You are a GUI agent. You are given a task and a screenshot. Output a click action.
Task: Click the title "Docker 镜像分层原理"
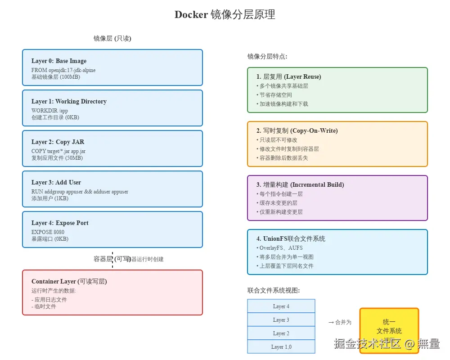point(225,14)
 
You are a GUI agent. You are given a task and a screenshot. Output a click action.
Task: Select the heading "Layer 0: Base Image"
point(59,61)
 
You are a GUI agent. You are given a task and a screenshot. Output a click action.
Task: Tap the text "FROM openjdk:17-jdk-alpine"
point(63,70)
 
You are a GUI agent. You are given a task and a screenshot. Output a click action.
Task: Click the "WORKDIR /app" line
point(49,111)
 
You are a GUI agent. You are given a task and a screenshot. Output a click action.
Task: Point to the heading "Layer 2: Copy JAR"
point(58,142)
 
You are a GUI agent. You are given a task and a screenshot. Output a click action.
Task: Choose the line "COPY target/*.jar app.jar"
point(58,151)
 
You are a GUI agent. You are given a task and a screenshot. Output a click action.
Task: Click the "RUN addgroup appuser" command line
point(80,192)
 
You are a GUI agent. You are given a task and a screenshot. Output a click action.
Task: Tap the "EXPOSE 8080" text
point(48,232)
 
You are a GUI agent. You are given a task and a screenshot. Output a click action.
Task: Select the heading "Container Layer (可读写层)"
point(69,281)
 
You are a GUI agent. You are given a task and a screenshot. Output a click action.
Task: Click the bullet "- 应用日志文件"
point(49,299)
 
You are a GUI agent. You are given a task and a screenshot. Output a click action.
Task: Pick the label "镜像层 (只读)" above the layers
point(112,39)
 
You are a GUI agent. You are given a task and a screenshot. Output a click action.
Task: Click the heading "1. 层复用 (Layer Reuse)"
point(288,76)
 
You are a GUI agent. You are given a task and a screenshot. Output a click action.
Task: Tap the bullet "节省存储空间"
point(275,95)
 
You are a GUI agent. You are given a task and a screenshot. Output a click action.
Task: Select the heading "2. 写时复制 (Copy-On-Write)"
point(297,130)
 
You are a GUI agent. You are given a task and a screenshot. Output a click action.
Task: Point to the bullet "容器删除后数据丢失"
point(283,158)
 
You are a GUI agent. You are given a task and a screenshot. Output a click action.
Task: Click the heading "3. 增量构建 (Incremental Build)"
point(300,184)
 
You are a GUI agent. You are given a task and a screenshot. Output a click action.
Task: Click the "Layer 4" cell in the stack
point(281,306)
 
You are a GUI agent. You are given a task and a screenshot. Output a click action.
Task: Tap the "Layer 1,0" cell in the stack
point(281,347)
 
